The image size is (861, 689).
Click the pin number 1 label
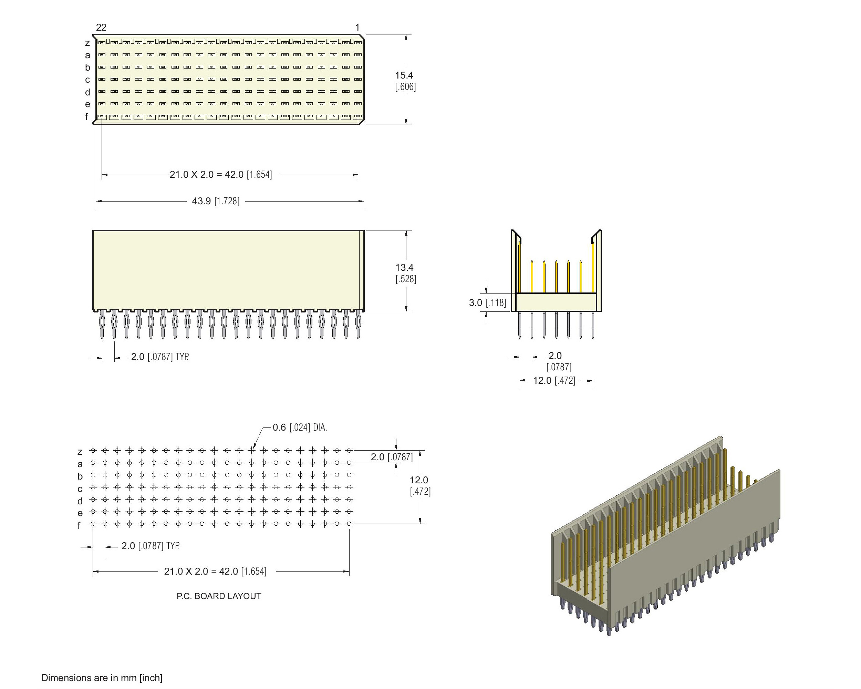[357, 27]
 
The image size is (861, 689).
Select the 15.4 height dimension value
[404, 75]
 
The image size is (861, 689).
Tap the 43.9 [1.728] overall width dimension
[216, 201]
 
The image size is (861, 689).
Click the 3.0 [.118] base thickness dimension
[488, 302]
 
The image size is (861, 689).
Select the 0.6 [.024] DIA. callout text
[300, 428]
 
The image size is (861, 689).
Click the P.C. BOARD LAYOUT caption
[219, 596]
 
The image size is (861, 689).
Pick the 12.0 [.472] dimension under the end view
[554, 380]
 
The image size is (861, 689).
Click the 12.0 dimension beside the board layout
[419, 480]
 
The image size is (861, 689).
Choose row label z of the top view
[87, 43]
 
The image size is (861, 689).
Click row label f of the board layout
[79, 526]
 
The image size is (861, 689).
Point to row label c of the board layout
[80, 489]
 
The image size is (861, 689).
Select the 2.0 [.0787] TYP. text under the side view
[160, 357]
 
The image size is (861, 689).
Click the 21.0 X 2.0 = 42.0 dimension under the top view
[221, 175]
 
